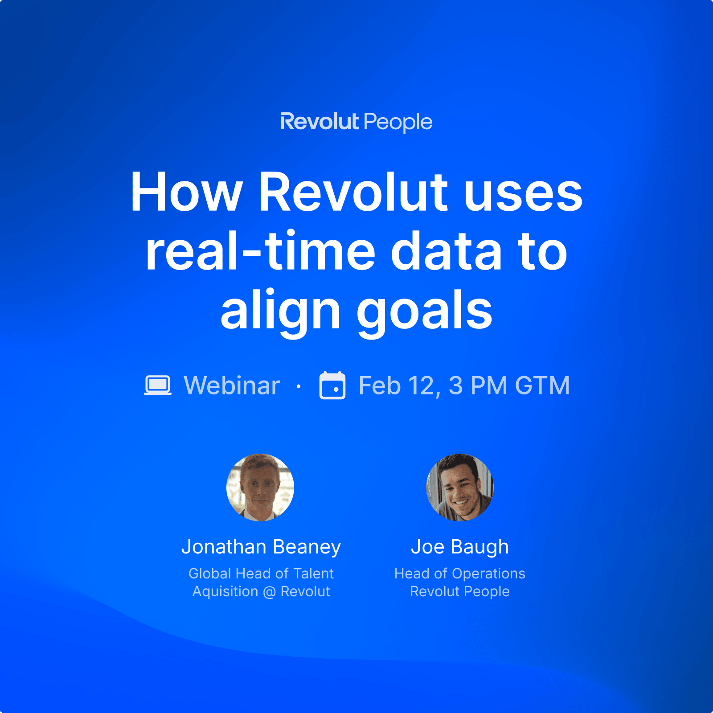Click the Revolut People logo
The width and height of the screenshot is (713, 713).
click(356, 122)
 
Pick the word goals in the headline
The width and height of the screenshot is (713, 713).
click(425, 309)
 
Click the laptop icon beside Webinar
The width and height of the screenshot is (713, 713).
click(158, 385)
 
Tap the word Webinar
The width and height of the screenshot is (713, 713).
click(232, 385)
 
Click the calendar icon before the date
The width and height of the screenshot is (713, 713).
click(332, 385)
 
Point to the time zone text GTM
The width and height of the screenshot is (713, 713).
click(542, 385)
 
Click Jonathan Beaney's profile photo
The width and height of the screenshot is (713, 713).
click(260, 487)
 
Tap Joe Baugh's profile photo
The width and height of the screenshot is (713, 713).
click(460, 487)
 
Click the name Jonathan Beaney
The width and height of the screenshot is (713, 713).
click(261, 547)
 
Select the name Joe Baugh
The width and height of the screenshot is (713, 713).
click(460, 547)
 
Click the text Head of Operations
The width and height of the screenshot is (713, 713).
click(460, 574)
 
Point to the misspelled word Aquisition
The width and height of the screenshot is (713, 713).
click(225, 592)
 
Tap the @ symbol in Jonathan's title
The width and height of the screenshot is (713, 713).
click(270, 592)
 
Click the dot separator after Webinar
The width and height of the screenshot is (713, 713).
click(299, 386)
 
